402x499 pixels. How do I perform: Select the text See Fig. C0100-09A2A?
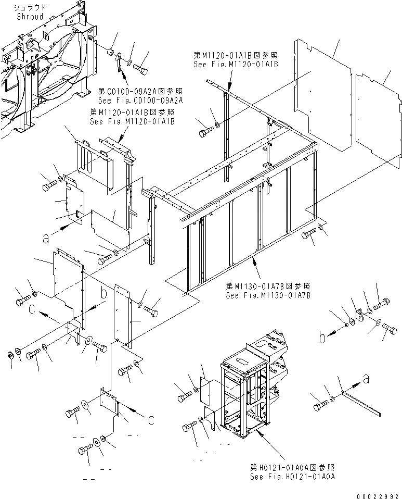pyautogui.click(x=140, y=99)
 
